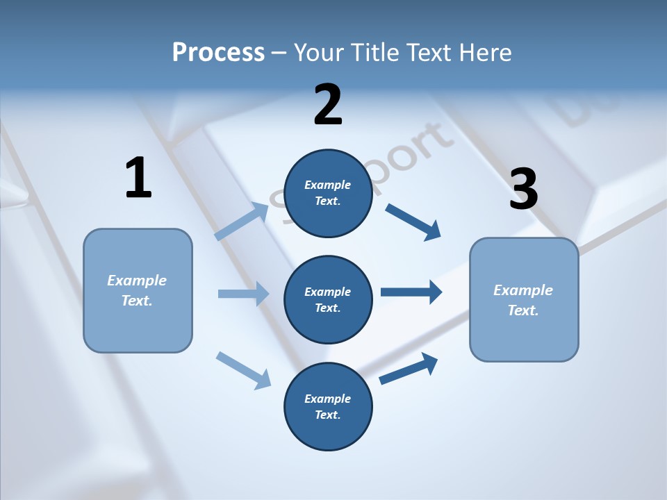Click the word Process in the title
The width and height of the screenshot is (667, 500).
pos(218,52)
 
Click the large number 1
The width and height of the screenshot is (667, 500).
pos(138,178)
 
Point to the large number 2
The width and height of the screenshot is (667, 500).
pos(328,105)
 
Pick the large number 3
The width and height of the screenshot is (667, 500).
pos(523,190)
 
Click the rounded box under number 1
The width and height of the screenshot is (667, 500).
pos(138,290)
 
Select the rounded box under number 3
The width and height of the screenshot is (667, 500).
pos(524,300)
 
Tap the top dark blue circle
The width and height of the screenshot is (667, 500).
pos(328,193)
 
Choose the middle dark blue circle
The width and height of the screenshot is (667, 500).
pos(328,299)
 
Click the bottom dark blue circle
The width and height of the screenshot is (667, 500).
pos(328,406)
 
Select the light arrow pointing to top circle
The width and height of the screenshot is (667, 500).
pos(242,222)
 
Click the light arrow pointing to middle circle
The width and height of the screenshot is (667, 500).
pos(243,294)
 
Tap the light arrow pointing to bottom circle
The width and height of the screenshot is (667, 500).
pos(243,370)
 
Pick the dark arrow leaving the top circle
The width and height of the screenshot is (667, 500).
pos(413,222)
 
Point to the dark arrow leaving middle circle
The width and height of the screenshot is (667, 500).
pos(411,292)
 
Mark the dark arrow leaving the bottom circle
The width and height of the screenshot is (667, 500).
pos(409,369)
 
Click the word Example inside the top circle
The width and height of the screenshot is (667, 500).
pos(328,185)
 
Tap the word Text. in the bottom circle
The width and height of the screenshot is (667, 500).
pos(328,415)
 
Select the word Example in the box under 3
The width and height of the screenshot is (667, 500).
pos(523,290)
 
